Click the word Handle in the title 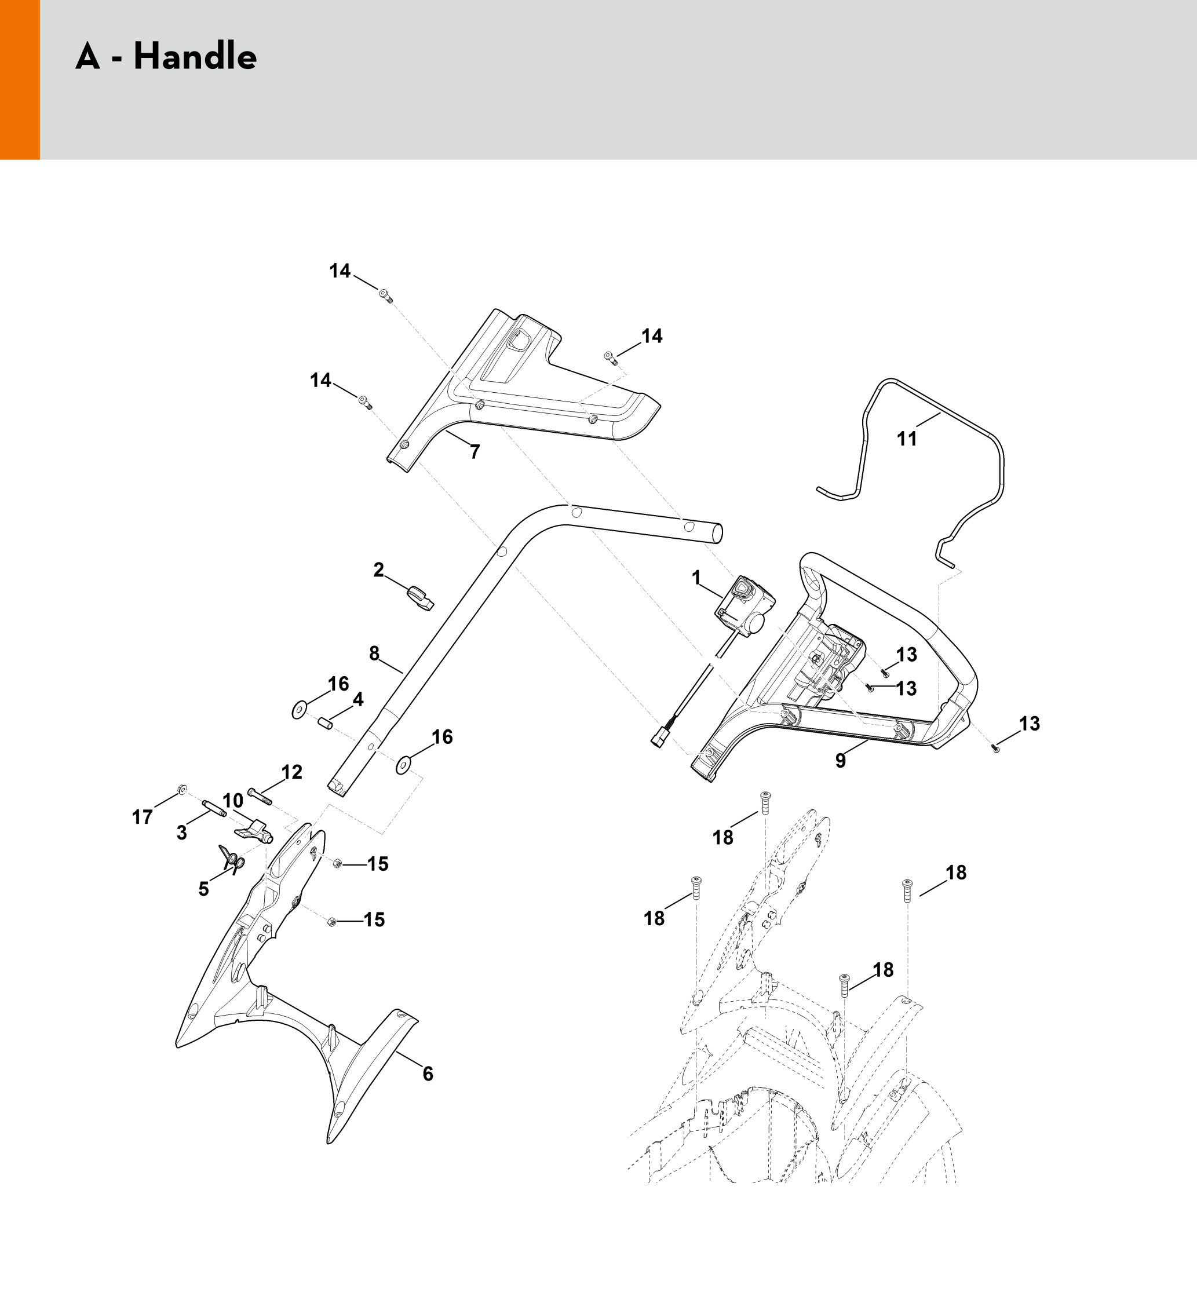(195, 56)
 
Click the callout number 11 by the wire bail (907, 439)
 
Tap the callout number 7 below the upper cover (475, 452)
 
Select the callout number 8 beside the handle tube (374, 654)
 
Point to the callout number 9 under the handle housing (840, 761)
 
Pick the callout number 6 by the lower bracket (428, 1074)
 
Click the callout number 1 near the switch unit (696, 578)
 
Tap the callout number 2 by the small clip (379, 570)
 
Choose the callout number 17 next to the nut (143, 817)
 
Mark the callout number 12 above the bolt (292, 772)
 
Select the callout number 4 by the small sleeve (358, 699)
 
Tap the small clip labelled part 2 (420, 597)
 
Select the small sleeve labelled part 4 (325, 723)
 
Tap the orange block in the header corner (20, 80)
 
